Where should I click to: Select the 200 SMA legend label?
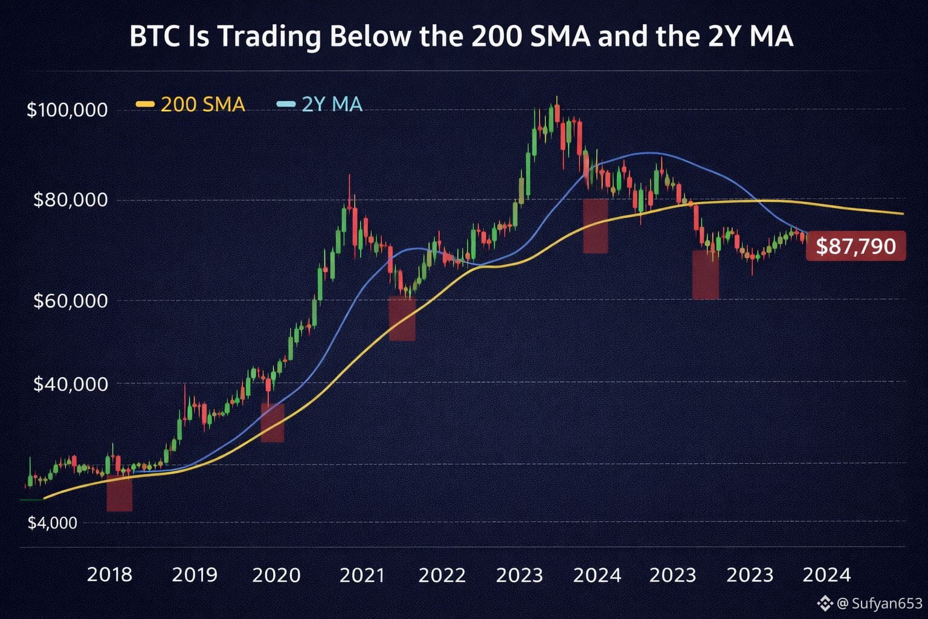point(202,105)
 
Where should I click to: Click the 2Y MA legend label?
point(332,105)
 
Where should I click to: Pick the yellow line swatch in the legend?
point(146,105)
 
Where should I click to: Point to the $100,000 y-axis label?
point(67,110)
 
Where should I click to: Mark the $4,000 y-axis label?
point(53,523)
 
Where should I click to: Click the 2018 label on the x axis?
point(109,575)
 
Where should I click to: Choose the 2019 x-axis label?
point(195,575)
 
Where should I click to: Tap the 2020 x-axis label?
point(276,575)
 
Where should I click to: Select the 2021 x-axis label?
point(362,575)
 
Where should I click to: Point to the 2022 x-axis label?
point(442,575)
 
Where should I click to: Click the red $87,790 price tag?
point(855,246)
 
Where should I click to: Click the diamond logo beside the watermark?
point(825,603)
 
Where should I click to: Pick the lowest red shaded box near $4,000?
point(120,493)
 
